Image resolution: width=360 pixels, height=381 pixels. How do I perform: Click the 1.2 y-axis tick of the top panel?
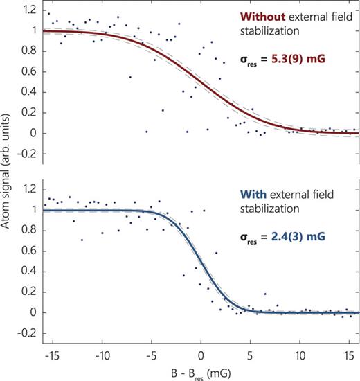tap(28, 10)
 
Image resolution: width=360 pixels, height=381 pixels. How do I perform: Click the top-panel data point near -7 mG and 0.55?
tap(130, 77)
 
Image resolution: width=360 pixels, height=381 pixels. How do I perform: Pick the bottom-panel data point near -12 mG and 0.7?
tap(82, 240)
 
